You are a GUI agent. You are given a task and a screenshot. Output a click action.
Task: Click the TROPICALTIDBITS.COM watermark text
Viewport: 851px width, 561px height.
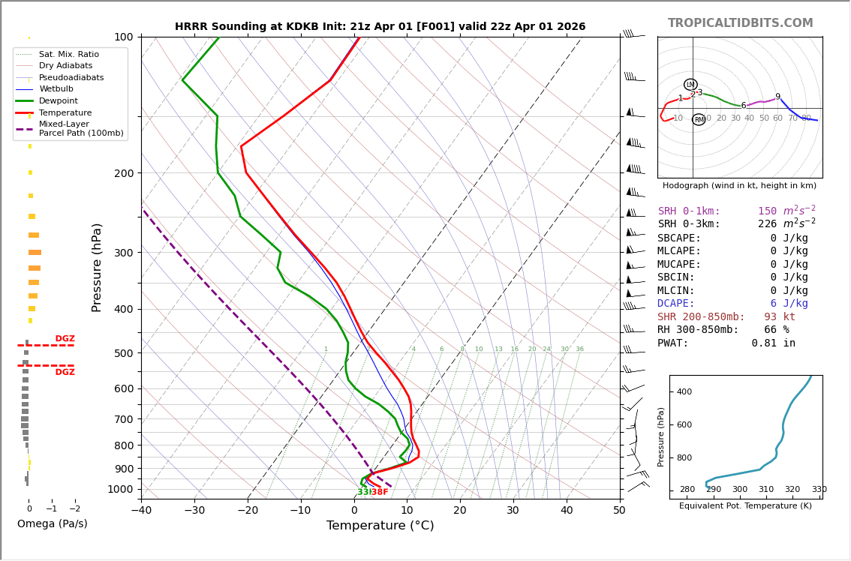pos(740,23)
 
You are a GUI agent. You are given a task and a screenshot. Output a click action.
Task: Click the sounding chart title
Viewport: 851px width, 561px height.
pos(380,27)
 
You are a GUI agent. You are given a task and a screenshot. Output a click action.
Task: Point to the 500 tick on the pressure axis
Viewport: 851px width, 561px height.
pos(123,353)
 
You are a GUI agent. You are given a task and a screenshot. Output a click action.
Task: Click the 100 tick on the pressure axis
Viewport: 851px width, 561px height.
pos(123,37)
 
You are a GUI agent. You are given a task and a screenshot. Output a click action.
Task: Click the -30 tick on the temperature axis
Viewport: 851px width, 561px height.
pos(194,511)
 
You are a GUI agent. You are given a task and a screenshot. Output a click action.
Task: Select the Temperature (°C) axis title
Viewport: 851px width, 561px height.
pos(380,526)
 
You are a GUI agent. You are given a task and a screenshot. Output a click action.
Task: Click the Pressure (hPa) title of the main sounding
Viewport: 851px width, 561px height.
pos(97,267)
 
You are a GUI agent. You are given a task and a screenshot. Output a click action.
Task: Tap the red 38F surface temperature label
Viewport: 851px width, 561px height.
pos(380,492)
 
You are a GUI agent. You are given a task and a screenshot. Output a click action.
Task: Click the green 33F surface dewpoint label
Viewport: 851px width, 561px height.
pos(363,492)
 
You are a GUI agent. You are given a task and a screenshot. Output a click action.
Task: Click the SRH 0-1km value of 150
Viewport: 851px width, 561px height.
pos(767,211)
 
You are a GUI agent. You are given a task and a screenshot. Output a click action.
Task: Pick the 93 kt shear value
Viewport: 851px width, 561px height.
pos(780,317)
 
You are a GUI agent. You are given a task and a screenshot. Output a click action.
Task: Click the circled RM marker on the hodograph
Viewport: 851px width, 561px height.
pos(699,120)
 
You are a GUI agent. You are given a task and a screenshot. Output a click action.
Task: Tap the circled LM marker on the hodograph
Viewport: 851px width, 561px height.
pos(690,85)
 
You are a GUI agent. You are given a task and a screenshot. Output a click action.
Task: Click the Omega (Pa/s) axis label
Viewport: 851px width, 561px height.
pos(53,524)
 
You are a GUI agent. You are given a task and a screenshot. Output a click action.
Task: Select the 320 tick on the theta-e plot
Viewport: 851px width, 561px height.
pos(792,490)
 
